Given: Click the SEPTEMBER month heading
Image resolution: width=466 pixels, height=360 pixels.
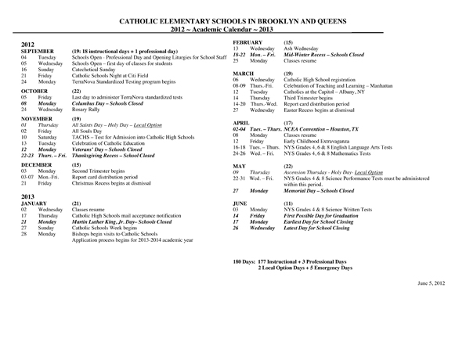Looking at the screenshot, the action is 38,52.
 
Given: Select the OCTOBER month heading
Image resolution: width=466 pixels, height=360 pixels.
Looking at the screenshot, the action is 34,91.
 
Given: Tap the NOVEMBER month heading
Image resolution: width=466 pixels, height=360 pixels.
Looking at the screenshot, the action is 37,119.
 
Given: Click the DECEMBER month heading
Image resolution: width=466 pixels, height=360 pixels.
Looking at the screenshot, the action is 37,165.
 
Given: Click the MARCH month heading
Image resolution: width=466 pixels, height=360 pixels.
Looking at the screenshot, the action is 244,74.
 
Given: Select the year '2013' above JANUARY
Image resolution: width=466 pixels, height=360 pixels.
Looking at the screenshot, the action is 28,196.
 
